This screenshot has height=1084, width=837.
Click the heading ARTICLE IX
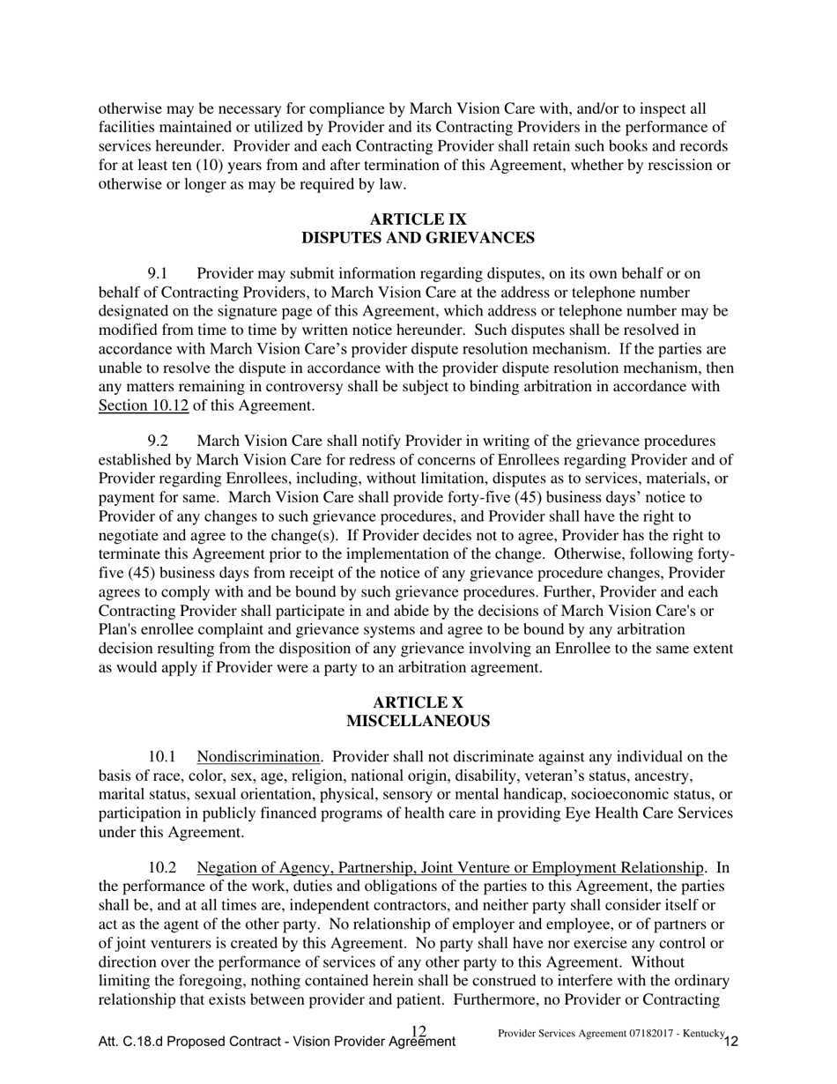pos(418,219)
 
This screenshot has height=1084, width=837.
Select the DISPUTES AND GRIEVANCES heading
pos(418,238)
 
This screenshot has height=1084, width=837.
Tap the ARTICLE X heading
pos(418,702)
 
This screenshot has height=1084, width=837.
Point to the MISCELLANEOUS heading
pos(418,721)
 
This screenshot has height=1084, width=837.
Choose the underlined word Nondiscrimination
pos(258,757)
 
